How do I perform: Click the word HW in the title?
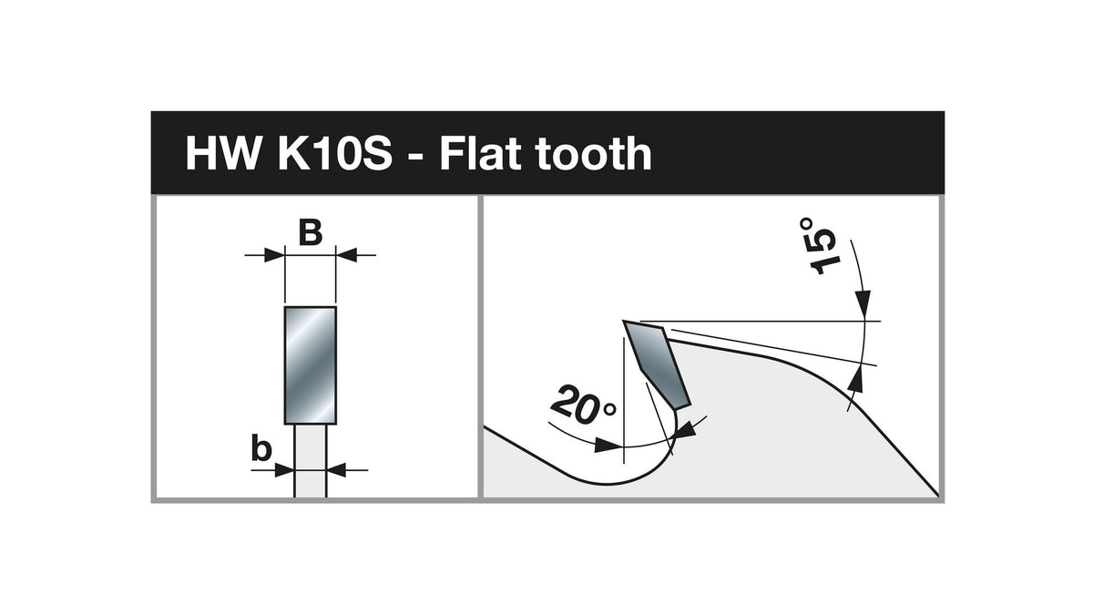pos(222,153)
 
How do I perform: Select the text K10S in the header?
pos(335,153)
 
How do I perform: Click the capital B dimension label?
pos(311,233)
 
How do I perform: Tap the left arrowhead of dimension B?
pos(274,255)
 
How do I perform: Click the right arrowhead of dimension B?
pos(346,255)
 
